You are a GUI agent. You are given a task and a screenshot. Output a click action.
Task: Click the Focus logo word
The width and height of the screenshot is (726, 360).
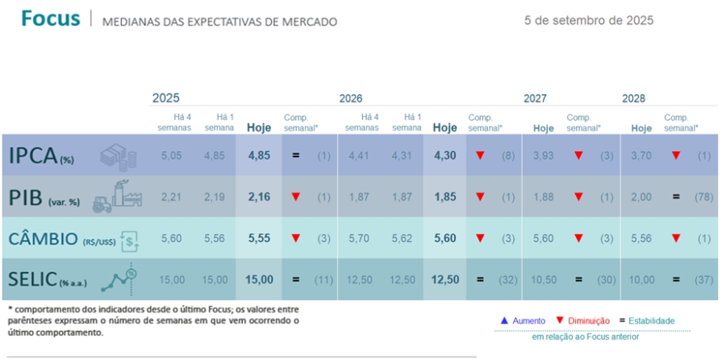tap(50, 19)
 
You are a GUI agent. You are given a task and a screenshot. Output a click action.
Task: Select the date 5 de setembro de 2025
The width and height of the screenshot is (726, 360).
tap(589, 20)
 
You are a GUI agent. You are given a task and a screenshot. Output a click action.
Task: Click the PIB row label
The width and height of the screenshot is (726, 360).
tap(29, 198)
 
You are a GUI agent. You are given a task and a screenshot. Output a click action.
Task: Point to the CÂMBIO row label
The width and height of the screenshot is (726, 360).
tap(44, 239)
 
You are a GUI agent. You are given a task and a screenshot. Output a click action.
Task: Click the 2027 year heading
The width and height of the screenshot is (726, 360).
tap(535, 98)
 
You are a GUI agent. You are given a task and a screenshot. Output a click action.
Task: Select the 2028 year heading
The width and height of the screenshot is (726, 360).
tap(633, 98)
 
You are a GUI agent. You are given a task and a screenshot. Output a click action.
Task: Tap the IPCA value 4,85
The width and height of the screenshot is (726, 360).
tap(259, 155)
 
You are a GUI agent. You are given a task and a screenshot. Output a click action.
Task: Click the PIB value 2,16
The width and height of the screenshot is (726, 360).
tap(259, 197)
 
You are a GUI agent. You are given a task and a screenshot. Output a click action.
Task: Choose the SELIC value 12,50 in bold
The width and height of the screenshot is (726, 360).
tap(445, 279)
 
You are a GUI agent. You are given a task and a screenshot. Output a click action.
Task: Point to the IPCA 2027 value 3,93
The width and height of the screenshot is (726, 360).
tap(544, 155)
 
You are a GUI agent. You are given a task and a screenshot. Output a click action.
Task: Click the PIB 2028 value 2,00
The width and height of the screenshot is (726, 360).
tap(642, 197)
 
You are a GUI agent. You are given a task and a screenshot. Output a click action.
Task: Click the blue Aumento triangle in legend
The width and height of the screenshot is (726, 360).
tap(503, 320)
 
